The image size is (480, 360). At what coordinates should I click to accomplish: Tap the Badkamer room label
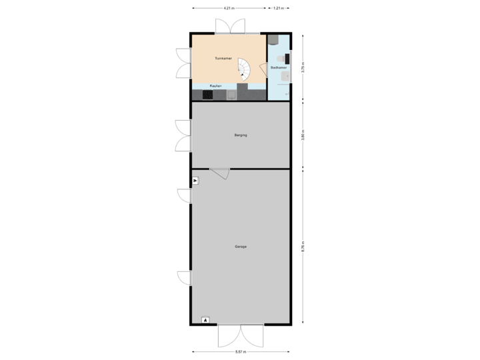(279, 67)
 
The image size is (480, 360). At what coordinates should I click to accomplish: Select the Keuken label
(215, 85)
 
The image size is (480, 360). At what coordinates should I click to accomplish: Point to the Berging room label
(241, 135)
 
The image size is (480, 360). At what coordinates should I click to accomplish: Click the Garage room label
(241, 247)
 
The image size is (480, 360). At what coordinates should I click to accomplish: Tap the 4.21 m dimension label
(228, 9)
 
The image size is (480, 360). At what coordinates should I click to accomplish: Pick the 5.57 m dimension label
(240, 351)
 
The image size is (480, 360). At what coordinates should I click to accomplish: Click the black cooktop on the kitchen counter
(207, 95)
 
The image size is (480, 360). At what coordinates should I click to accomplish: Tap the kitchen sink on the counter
(231, 95)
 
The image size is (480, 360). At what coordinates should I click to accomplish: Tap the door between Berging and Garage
(221, 173)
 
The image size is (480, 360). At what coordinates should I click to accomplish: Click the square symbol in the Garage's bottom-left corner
(205, 320)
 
